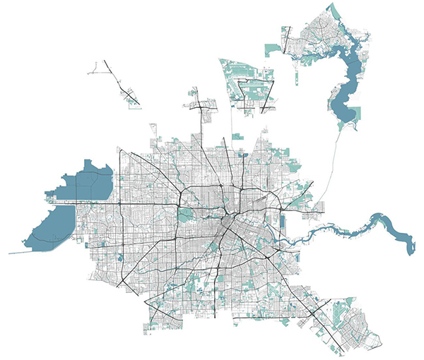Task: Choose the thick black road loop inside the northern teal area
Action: [251, 95]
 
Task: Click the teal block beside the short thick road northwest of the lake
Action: [272, 49]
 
